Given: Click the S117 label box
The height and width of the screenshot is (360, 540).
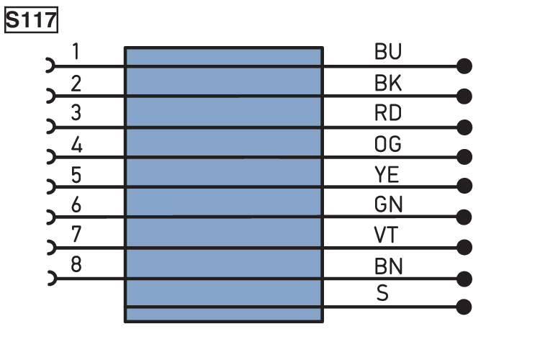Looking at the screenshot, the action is point(32,20).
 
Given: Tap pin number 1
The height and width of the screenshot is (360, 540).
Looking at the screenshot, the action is point(76,52).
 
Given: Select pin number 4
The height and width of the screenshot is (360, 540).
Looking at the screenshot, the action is point(76,145).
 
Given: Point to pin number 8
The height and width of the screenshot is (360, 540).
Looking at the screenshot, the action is point(76,264).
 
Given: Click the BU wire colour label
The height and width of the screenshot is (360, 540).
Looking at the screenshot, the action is point(388,52).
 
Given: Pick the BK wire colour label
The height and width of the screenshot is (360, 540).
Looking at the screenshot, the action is point(388,83).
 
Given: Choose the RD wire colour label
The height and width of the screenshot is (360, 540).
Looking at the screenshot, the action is point(388,112).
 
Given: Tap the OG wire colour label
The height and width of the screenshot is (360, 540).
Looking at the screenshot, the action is point(388,144).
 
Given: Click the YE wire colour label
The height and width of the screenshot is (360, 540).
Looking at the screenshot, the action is point(387,174).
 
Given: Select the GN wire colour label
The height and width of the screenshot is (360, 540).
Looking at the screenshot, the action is point(388,204).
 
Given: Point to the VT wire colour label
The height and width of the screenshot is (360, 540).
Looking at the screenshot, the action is point(386,235).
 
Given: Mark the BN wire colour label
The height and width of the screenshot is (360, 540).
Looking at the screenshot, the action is point(388,266).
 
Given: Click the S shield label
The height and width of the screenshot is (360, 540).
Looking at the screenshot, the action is point(382,293).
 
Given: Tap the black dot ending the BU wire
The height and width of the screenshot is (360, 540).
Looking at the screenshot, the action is point(464,66).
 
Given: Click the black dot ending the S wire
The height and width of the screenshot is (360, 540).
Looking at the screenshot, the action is point(464,307).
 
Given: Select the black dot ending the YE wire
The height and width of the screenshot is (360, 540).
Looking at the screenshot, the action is point(464,186).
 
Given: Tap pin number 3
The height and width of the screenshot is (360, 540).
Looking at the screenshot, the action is point(76,112).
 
